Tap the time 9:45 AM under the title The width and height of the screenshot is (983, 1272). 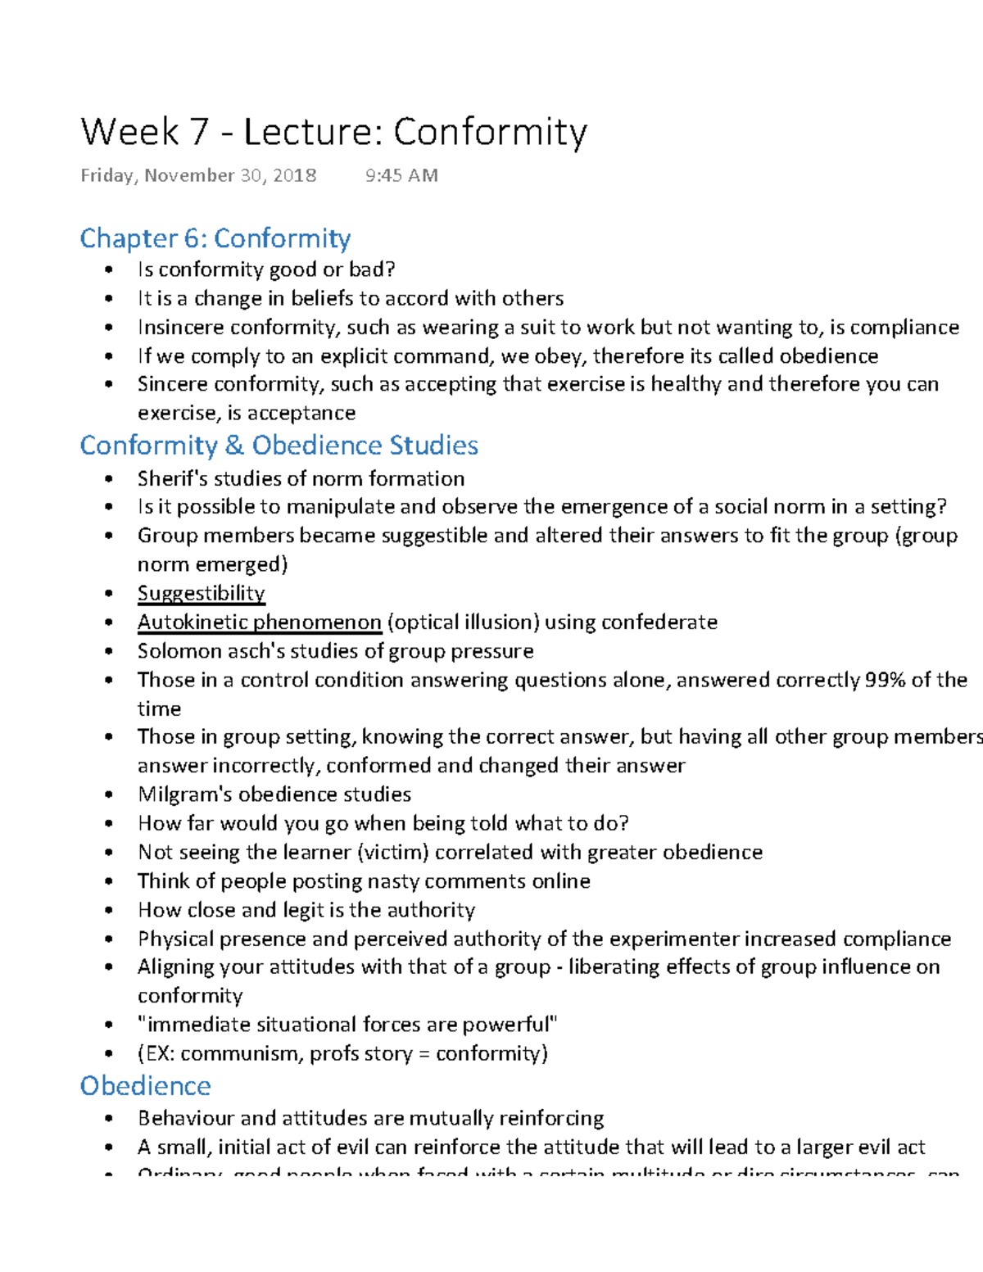pos(401,175)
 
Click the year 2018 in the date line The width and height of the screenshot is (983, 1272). pos(295,175)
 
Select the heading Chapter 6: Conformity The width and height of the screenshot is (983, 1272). pos(215,238)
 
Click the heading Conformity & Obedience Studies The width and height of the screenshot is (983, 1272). pos(279,446)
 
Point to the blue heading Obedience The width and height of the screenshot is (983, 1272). pos(145,1086)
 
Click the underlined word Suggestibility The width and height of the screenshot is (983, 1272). pos(201,593)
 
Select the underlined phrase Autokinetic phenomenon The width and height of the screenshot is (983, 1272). pos(259,622)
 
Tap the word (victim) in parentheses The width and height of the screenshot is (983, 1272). pos(393,853)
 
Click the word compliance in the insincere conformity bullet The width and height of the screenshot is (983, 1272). pos(904,328)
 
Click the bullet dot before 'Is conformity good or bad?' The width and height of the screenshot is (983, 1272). pos(108,270)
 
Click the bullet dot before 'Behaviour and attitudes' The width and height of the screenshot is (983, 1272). pos(108,1119)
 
